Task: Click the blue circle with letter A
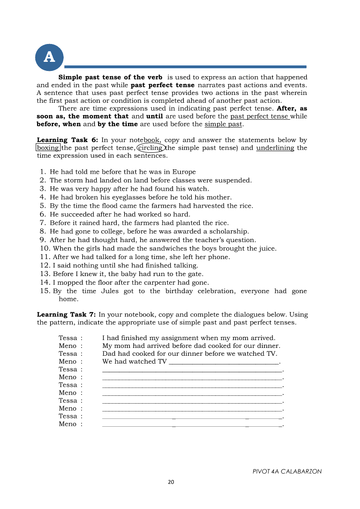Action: coord(49,57)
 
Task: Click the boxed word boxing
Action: coord(48,148)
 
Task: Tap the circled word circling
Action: coord(151,148)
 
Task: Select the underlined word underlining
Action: coord(275,148)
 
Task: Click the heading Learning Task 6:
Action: coord(68,140)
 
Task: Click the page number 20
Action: coord(171,482)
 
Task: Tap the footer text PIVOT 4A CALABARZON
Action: coord(287,472)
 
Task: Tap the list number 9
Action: coord(43,240)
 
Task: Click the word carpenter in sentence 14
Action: coord(163,283)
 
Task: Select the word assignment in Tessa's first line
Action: coord(173,338)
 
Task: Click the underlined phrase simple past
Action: coord(223,125)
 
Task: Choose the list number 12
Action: coord(45,266)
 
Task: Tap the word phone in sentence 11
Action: coord(220,257)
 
